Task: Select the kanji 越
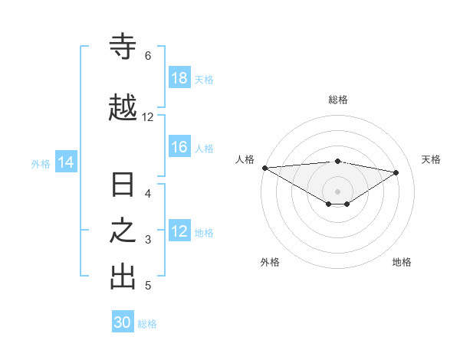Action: [123, 108]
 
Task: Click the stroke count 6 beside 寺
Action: [147, 55]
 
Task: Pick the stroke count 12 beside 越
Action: [147, 117]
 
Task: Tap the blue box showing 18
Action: [179, 78]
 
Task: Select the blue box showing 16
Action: [179, 147]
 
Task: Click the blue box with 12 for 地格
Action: [179, 231]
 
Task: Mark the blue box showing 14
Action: [66, 162]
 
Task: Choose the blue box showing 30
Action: [123, 322]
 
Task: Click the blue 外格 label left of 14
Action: [41, 163]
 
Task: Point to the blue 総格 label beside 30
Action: [147, 324]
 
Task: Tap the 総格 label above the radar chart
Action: [338, 100]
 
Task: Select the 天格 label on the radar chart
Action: [432, 159]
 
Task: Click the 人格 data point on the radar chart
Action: [264, 167]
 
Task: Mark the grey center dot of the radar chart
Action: [338, 191]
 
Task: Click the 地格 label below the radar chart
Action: [402, 262]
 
